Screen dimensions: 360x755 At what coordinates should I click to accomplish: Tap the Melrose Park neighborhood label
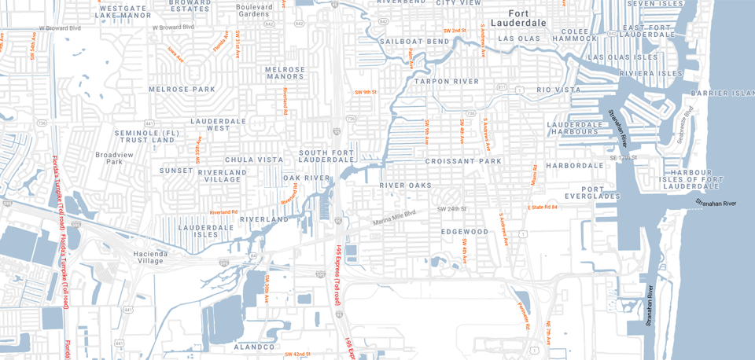click(182, 90)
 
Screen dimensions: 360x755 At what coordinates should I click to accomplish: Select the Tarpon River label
click(447, 82)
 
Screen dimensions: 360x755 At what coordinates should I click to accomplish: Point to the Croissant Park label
click(463, 161)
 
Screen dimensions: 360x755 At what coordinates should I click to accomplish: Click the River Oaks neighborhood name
click(406, 186)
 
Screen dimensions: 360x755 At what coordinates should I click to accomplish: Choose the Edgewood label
click(464, 232)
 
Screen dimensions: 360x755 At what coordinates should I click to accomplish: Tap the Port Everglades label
click(604, 194)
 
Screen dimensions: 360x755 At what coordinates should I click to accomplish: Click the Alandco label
click(255, 347)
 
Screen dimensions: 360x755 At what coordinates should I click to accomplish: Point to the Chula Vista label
click(254, 160)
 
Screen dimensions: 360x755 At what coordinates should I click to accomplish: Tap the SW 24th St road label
click(452, 209)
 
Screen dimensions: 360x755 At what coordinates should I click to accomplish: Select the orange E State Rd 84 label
click(542, 207)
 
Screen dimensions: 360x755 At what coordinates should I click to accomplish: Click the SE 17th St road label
click(621, 158)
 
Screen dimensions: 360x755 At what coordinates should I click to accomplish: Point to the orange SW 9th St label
click(366, 93)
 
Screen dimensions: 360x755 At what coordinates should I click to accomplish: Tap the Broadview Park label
click(109, 158)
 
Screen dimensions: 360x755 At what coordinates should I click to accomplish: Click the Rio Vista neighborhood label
click(559, 90)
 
